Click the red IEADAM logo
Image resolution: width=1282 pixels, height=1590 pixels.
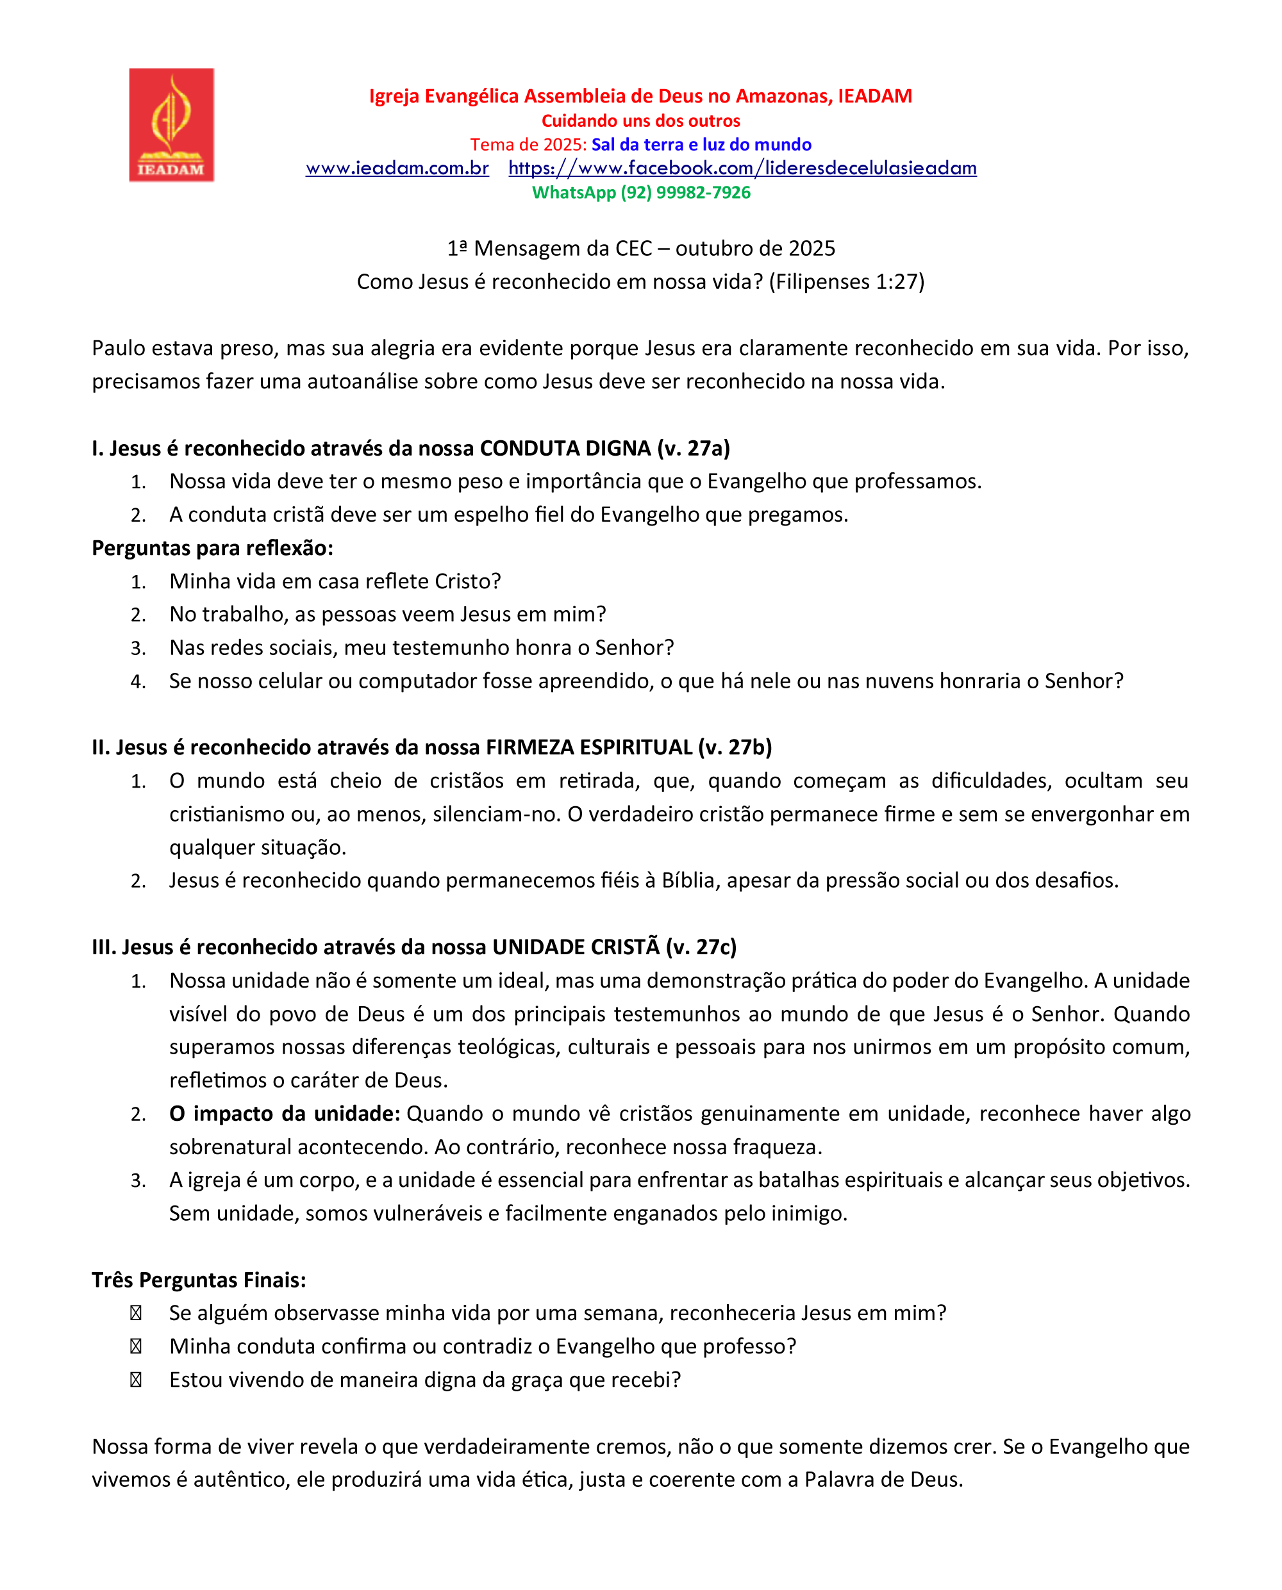coord(171,125)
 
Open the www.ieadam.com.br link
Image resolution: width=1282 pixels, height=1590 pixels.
coord(397,169)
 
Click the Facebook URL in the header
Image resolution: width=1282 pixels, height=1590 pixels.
coord(742,169)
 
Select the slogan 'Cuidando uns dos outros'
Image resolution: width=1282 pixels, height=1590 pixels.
coord(640,121)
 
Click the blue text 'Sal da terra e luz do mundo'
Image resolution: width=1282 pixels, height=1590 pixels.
coord(701,145)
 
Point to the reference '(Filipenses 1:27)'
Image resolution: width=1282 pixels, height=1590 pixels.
coord(846,282)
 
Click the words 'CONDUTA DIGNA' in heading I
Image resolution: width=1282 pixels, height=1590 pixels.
coord(565,449)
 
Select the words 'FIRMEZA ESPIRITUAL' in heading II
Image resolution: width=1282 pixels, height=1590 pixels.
coord(588,748)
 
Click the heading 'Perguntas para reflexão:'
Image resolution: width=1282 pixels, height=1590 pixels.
coord(213,549)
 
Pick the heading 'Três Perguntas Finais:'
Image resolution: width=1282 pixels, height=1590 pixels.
coord(199,1280)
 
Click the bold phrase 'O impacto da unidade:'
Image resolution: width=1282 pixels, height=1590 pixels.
coord(285,1114)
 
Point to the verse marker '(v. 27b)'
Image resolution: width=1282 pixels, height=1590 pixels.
coord(735,748)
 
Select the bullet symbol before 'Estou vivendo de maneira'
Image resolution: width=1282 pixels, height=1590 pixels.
coord(136,1380)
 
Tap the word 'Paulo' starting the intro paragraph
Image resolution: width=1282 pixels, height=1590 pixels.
coord(118,349)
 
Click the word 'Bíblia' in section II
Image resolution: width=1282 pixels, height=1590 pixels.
coord(690,881)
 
